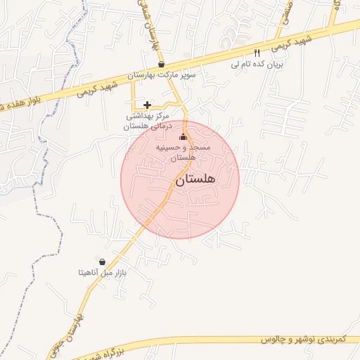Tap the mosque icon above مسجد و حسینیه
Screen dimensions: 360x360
[184, 137]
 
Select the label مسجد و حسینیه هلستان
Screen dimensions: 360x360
[184, 153]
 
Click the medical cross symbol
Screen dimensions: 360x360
[147, 105]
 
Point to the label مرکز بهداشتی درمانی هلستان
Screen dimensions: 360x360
[147, 121]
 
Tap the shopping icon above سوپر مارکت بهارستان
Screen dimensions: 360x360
[162, 64]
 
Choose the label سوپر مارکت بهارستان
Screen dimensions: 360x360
[167, 75]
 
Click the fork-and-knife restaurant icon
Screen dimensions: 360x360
[257, 53]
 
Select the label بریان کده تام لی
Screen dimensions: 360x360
[257, 63]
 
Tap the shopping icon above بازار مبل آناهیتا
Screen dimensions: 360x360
[103, 261]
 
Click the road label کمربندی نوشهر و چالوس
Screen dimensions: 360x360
[304, 340]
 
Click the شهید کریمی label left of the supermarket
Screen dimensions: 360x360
[93, 87]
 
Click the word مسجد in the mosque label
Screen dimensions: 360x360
[195, 148]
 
